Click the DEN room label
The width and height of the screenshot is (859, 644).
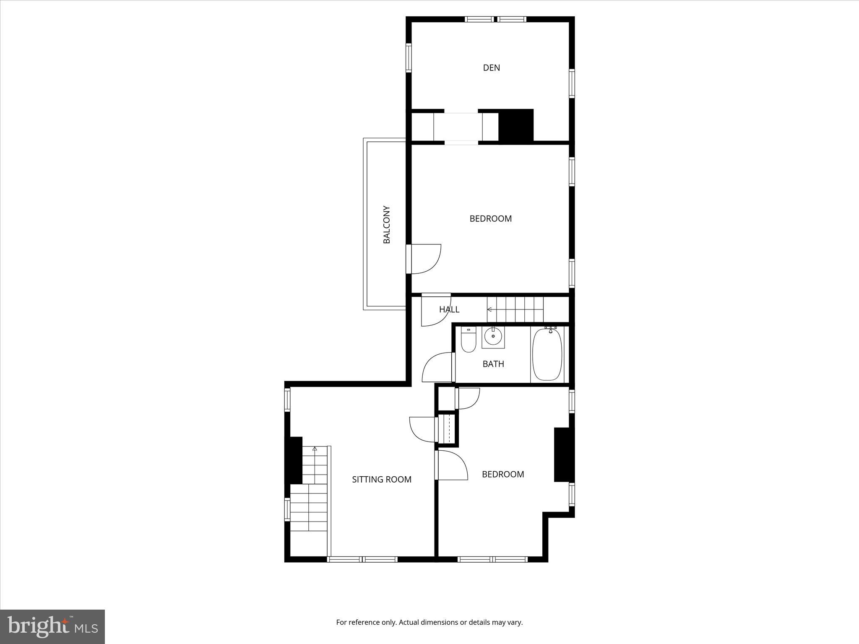pos(491,68)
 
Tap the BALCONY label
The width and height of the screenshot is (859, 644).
pos(387,224)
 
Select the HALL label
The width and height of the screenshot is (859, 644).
pos(449,309)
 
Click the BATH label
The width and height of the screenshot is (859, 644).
pos(493,364)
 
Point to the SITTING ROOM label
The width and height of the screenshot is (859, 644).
pos(381,479)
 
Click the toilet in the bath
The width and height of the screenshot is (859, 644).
pos(468,340)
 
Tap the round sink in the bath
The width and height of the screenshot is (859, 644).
pos(493,336)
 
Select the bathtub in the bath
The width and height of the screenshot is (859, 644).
pos(547,354)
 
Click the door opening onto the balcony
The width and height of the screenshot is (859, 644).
pos(424,259)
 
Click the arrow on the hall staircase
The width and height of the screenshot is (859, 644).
pos(489,309)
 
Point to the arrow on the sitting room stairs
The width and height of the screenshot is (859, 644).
pos(315,449)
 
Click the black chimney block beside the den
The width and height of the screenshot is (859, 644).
pos(515,125)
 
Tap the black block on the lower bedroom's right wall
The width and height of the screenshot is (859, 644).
pos(562,454)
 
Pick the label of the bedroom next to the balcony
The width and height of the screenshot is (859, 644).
pos(490,218)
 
